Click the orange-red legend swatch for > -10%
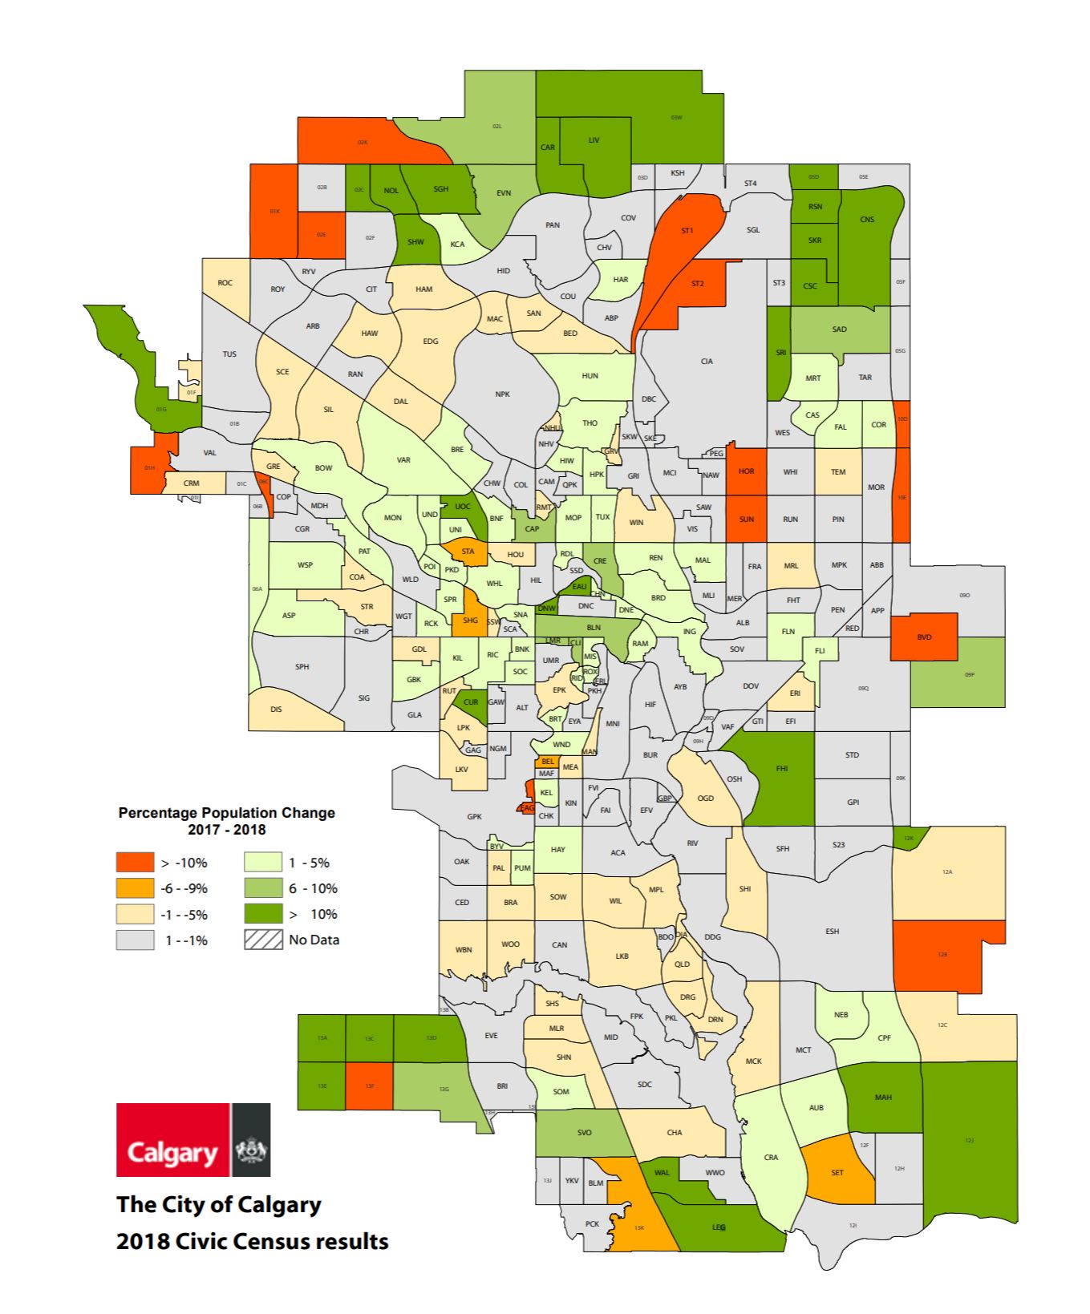[x=135, y=862]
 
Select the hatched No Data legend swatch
[x=263, y=940]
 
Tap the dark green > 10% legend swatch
[x=263, y=913]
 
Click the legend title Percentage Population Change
[x=226, y=812]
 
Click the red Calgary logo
[x=173, y=1139]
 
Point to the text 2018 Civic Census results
[x=252, y=1241]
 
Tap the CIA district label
[x=707, y=362]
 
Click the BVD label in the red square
[x=924, y=637]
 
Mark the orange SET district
[x=837, y=1172]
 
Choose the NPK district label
[x=502, y=394]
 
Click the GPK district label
[x=474, y=816]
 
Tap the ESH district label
[x=832, y=931]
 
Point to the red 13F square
[x=370, y=1086]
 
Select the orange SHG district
[x=470, y=620]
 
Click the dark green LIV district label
[x=594, y=140]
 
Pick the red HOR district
[x=746, y=471]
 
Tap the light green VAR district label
[x=403, y=460]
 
